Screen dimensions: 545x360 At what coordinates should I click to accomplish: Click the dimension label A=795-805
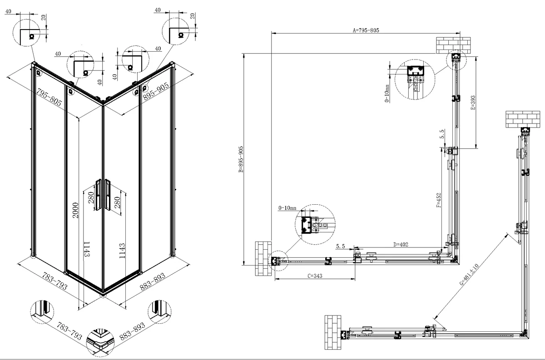(x=366, y=30)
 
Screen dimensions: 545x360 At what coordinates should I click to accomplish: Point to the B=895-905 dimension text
(x=241, y=159)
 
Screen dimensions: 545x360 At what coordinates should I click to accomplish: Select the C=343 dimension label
(x=315, y=276)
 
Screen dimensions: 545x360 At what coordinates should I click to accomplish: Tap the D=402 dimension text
(x=401, y=244)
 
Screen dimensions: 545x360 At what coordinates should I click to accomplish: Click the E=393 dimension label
(x=473, y=103)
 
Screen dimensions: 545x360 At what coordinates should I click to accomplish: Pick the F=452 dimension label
(x=439, y=200)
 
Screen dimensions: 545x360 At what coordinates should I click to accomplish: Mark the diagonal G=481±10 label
(x=469, y=274)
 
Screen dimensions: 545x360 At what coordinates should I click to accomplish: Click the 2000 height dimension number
(x=76, y=210)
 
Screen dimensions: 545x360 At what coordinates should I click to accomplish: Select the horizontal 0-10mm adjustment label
(x=287, y=208)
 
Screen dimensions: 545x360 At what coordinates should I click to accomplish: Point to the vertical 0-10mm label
(x=387, y=94)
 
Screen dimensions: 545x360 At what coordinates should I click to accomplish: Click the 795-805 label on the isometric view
(x=49, y=97)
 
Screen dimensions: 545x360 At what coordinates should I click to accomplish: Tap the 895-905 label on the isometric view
(x=156, y=91)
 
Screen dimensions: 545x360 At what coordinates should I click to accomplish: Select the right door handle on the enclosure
(x=108, y=194)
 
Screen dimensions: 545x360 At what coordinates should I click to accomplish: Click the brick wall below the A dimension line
(x=453, y=45)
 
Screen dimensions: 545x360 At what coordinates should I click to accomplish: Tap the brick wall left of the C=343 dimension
(x=263, y=259)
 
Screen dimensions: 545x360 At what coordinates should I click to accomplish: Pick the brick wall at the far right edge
(x=523, y=119)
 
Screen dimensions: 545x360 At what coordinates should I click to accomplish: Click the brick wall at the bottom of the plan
(x=333, y=332)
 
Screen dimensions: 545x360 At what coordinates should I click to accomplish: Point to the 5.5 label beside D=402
(x=340, y=247)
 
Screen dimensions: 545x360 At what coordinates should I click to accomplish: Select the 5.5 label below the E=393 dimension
(x=442, y=134)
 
